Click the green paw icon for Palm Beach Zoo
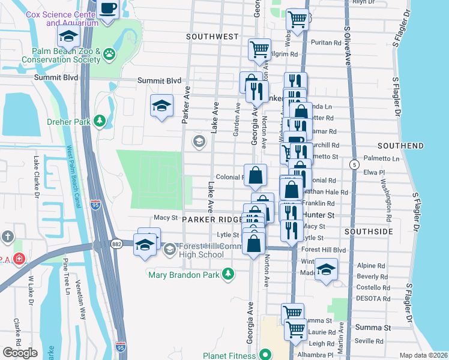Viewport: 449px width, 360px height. click(x=109, y=55)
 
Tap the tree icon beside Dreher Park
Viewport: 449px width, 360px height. click(x=100, y=121)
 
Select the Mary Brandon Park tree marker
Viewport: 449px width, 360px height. click(x=228, y=274)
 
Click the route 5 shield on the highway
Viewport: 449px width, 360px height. click(x=355, y=164)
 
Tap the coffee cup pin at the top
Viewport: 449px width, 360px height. click(x=108, y=9)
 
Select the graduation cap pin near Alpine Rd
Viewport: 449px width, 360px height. click(x=327, y=269)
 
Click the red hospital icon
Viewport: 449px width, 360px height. click(x=19, y=259)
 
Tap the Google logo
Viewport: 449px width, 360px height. click(x=20, y=353)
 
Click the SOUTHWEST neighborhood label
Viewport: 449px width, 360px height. click(x=212, y=37)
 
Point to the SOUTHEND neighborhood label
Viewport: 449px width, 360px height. click(x=400, y=146)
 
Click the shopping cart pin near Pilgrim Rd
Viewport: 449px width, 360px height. click(x=259, y=49)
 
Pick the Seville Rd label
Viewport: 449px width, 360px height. click(x=370, y=341)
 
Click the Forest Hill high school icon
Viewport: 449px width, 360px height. click(x=170, y=249)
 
